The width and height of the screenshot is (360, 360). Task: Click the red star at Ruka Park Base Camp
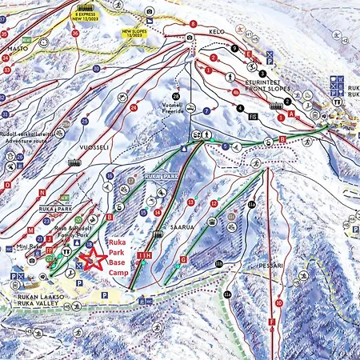[96, 258]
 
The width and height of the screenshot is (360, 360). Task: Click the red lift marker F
[272, 322]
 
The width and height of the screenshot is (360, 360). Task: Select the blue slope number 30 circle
[96, 69]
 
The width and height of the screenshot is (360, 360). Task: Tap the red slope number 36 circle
[77, 34]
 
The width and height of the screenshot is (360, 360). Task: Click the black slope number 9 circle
[233, 48]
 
